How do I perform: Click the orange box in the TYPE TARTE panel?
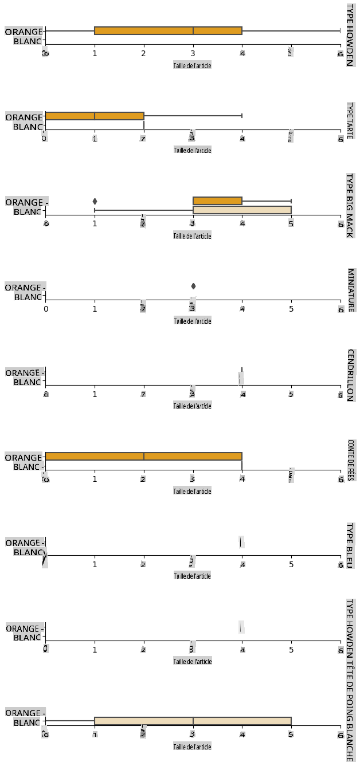[x=95, y=116]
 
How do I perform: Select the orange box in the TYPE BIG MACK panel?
[x=217, y=201]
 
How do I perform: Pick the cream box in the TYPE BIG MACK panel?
[x=242, y=210]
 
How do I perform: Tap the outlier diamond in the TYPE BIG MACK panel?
[x=95, y=201]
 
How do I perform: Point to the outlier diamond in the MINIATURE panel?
[x=193, y=286]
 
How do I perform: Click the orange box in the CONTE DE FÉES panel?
[x=143, y=456]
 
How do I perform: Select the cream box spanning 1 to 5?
[x=193, y=721]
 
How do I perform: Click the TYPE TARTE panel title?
[x=349, y=120]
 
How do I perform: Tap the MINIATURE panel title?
[x=349, y=290]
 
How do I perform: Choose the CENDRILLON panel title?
[x=349, y=375]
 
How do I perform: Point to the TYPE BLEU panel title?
[x=349, y=545]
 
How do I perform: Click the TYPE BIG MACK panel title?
[x=349, y=205]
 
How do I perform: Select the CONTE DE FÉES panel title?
[x=349, y=460]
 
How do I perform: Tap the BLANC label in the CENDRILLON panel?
[x=27, y=382]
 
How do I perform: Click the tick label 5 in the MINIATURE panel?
[x=291, y=309]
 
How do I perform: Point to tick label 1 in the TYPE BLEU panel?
[x=95, y=564]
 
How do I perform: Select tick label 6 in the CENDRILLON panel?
[x=341, y=395]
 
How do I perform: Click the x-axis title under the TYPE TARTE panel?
[x=193, y=150]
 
